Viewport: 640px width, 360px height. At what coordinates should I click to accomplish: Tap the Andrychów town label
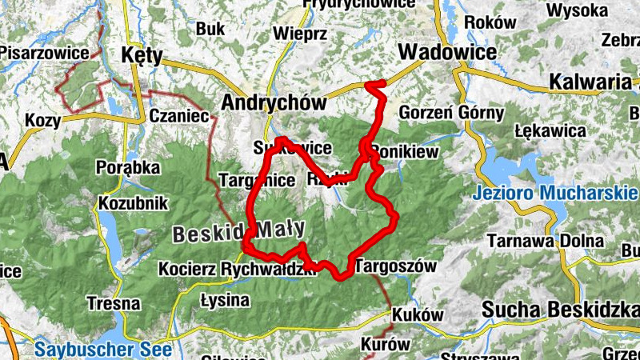(274, 103)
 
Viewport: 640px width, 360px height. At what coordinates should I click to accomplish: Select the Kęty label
(142, 56)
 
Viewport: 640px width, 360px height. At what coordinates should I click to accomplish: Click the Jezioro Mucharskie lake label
(554, 194)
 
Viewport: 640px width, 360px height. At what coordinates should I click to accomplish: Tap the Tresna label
(114, 304)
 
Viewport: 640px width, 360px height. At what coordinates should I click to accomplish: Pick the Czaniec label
(178, 117)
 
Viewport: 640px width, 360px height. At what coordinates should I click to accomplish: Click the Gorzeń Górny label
(450, 112)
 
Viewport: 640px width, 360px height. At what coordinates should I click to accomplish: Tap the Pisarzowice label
(44, 52)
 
